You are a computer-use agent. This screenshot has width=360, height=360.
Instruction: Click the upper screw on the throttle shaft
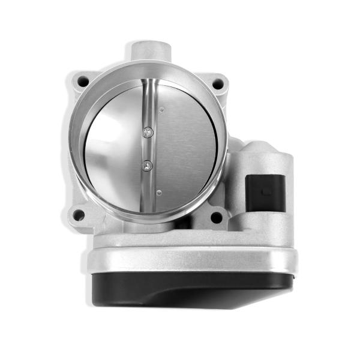(x=149, y=131)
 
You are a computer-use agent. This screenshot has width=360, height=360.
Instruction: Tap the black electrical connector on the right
(x=265, y=193)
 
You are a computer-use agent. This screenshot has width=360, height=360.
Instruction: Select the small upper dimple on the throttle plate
(x=162, y=110)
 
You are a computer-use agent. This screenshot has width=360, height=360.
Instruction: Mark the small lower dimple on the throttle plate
(x=158, y=192)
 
